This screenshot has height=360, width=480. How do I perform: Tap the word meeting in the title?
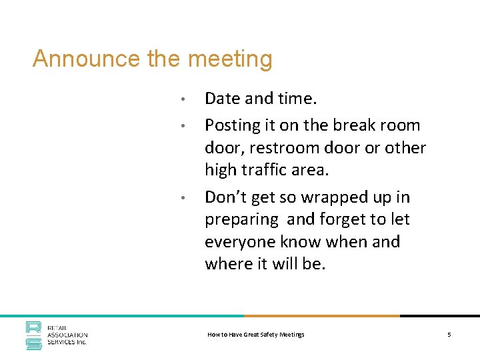coord(231,59)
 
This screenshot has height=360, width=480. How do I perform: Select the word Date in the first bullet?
coord(223,99)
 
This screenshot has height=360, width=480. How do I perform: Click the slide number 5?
coord(449,334)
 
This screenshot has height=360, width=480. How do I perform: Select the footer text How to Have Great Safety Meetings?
coord(256,334)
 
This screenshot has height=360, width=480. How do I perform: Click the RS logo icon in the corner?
coord(34,334)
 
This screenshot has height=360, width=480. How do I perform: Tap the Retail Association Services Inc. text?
coord(67,335)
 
